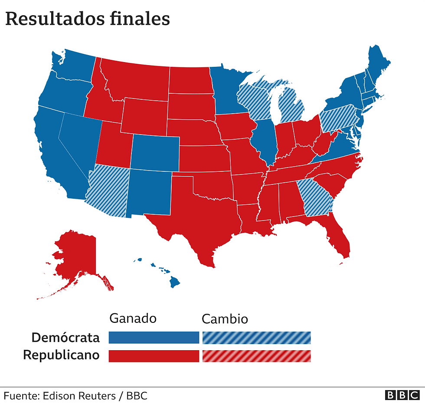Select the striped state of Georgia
click(316, 197)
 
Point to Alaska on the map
click(76, 256)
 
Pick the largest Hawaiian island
click(174, 282)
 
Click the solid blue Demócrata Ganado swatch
click(154, 338)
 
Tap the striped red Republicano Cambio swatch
click(256, 356)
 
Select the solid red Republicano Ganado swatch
click(154, 356)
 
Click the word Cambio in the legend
click(225, 319)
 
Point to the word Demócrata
click(65, 338)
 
